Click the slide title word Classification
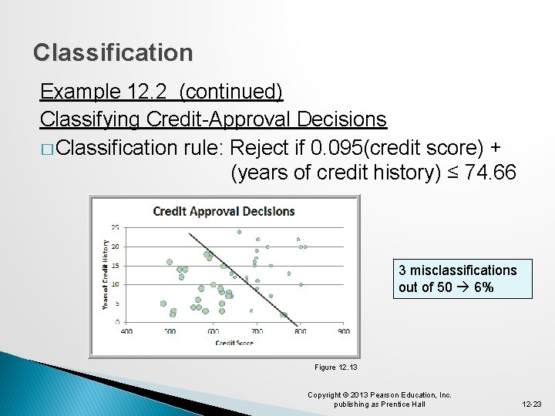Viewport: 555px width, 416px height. [x=113, y=53]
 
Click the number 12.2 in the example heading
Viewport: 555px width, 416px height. [x=148, y=92]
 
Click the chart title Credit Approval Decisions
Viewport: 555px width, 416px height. [x=224, y=211]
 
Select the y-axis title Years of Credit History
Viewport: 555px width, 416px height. [x=106, y=274]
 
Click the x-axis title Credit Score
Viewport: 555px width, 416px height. [x=234, y=342]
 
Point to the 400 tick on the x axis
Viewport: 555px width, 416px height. [x=126, y=332]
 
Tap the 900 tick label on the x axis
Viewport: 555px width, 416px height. [x=343, y=332]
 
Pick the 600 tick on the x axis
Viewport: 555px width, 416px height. [x=213, y=332]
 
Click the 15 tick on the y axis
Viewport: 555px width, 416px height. [x=115, y=266]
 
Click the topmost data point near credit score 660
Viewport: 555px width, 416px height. [x=239, y=231]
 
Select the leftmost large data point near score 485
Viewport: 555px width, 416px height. [x=163, y=304]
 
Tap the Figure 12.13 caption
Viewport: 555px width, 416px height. [x=335, y=367]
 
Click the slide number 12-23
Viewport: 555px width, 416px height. [x=532, y=404]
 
